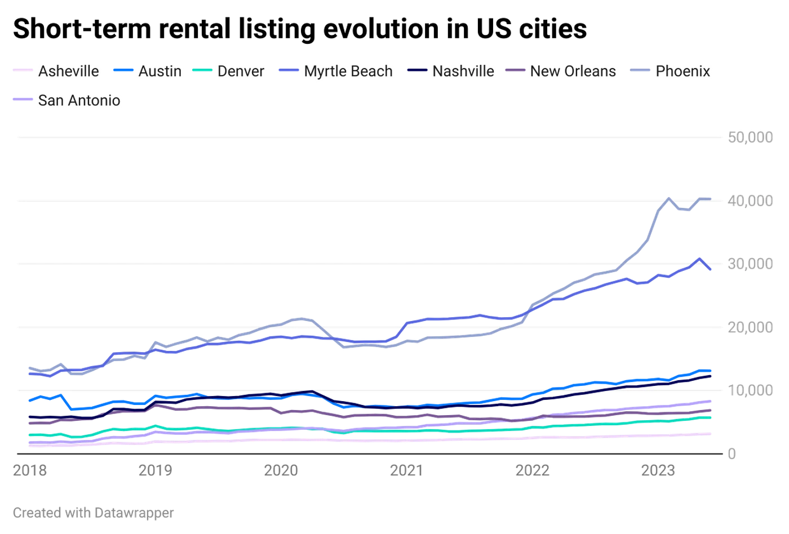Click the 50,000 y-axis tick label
[750, 137]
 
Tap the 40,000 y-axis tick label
[750, 200]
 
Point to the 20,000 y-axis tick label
[750, 326]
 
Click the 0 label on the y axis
[732, 453]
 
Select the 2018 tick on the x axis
[29, 470]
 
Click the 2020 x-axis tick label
[282, 470]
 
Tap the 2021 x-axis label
[407, 470]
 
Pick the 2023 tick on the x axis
[660, 470]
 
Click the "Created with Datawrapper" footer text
[93, 513]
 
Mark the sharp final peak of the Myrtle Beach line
[700, 258]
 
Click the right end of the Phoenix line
[711, 198]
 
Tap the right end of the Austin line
[711, 371]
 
